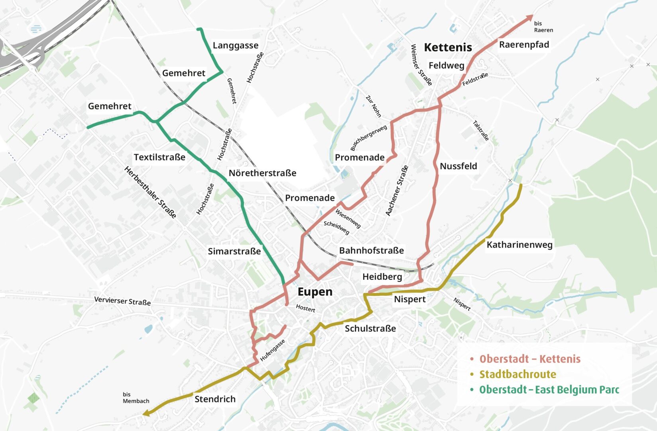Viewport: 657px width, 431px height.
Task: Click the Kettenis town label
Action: (448, 47)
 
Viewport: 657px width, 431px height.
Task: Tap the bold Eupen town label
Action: (315, 292)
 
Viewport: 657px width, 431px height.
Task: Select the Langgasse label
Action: (235, 45)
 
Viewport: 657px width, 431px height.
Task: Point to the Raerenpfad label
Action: (524, 45)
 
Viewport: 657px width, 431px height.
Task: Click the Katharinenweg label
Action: (519, 244)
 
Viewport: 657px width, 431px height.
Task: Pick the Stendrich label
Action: (215, 399)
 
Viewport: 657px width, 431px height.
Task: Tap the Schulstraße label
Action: (370, 328)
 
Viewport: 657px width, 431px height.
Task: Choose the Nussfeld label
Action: (458, 166)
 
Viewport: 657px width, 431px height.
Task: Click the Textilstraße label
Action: (159, 157)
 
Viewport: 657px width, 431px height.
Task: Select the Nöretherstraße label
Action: (262, 173)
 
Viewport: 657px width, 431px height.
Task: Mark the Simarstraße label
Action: (234, 251)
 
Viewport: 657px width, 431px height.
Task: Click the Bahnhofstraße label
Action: (371, 250)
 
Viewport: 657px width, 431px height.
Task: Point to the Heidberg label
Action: (382, 277)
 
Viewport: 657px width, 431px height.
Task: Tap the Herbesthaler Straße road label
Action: (150, 192)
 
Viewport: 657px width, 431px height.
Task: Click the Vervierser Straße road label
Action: (122, 301)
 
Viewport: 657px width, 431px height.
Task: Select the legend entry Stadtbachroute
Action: (517, 374)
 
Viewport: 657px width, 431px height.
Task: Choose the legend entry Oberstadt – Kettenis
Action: (529, 359)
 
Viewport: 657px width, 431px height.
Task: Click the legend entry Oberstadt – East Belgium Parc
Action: (549, 390)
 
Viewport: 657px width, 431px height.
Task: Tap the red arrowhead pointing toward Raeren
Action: (530, 17)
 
